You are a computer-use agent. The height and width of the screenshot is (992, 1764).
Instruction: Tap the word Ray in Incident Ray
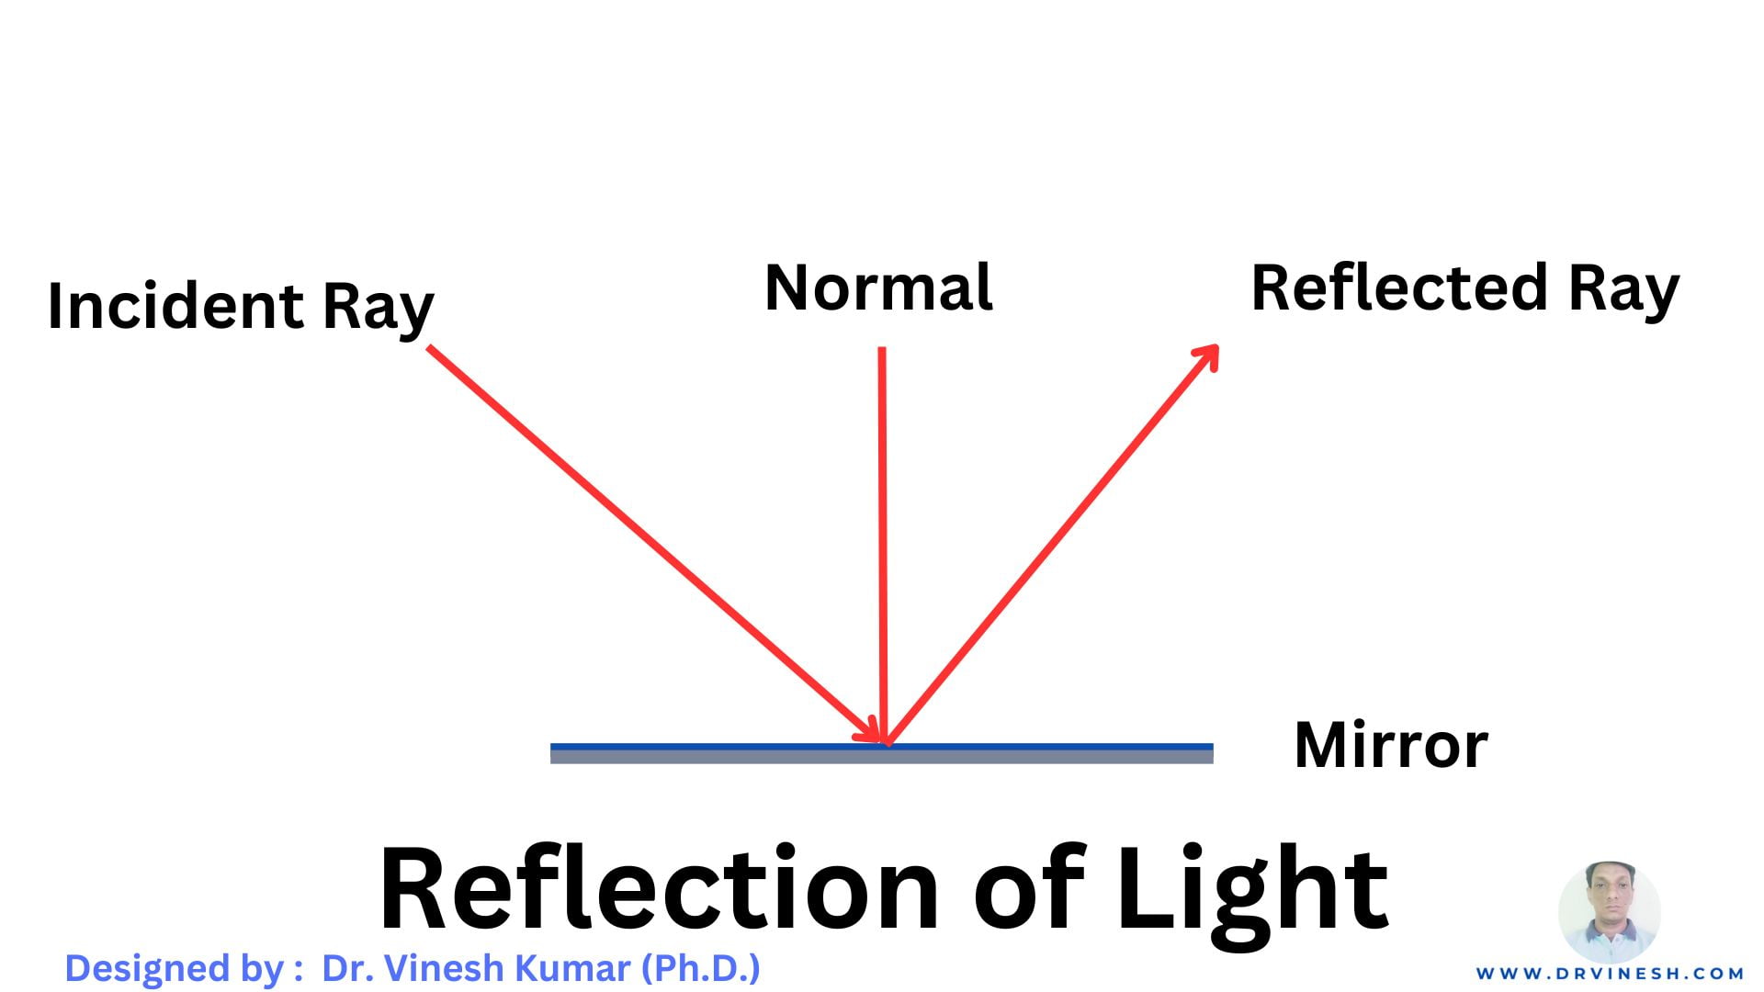(x=378, y=308)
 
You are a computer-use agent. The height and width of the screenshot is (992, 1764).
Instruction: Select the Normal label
(x=878, y=288)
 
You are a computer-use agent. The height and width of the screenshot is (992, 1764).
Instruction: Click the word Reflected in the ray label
(x=1399, y=288)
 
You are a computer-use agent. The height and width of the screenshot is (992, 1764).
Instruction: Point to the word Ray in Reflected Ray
(x=1623, y=290)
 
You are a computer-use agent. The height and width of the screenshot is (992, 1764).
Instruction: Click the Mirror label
(x=1390, y=745)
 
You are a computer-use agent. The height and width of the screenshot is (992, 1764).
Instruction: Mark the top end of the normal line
(x=882, y=351)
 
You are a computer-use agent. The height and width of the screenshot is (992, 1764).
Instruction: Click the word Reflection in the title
(x=658, y=889)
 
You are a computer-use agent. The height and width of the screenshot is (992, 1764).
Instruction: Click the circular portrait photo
(x=1609, y=912)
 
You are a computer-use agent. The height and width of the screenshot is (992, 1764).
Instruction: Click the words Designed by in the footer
(x=174, y=969)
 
